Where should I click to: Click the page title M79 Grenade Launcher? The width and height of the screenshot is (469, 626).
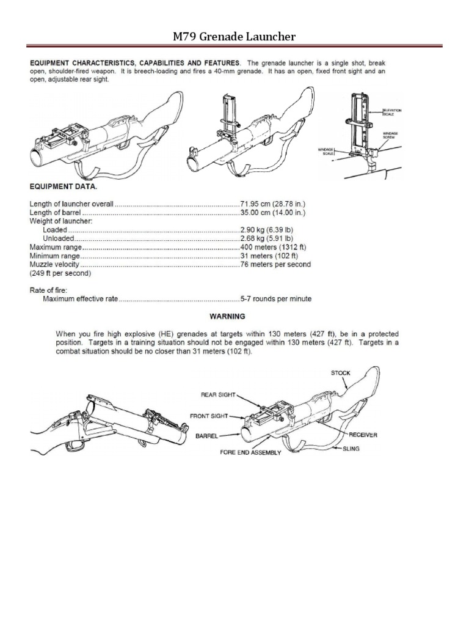[x=234, y=37]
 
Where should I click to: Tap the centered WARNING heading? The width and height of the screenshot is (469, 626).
[x=227, y=317]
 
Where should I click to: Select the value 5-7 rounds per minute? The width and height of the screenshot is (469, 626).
[x=276, y=299]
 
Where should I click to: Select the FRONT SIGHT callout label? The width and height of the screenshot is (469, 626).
[x=209, y=416]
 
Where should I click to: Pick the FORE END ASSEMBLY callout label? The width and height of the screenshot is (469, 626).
[x=251, y=453]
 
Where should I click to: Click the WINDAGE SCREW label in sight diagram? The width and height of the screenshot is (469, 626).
[x=391, y=135]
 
